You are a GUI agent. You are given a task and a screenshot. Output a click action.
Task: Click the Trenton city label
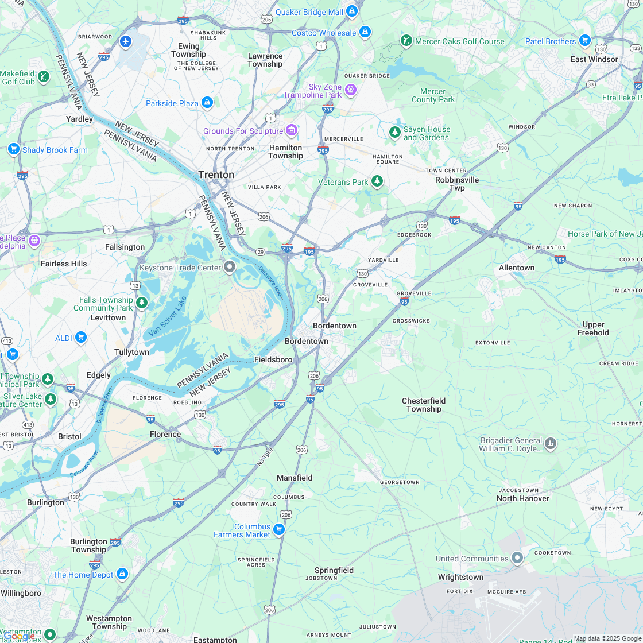coord(216,175)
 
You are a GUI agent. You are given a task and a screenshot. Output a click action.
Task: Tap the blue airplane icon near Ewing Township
coord(126,41)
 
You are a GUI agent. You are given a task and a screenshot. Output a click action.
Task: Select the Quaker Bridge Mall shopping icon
coord(352,11)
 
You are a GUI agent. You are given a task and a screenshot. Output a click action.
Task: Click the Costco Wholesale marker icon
coord(365,32)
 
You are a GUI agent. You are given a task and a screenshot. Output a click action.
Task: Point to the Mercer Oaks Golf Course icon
coord(406,40)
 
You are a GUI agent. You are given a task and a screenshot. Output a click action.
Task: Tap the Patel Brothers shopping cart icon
coord(584,40)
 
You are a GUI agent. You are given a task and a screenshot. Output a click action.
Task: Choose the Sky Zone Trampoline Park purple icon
coord(351,90)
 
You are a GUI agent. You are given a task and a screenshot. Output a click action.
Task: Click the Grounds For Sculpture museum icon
coord(292,130)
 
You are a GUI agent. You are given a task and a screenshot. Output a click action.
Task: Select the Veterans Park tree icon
coord(377,181)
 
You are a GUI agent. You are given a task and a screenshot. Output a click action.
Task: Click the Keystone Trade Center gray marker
coord(230,266)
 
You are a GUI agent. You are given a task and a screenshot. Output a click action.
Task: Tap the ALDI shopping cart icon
coord(80,337)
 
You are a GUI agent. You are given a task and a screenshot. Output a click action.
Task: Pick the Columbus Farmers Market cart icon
coord(279,529)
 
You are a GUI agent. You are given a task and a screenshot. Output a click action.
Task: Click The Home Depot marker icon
coord(122,574)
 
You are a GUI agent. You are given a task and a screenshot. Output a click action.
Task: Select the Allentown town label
coord(517,268)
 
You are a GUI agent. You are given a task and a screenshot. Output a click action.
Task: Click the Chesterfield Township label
coord(424,405)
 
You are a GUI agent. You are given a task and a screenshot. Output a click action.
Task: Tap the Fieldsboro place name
coord(273,359)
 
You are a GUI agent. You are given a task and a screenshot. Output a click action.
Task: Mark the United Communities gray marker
coord(517,557)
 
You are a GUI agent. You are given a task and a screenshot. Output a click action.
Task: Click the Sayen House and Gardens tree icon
coord(394,133)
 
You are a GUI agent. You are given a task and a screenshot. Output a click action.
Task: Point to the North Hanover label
coord(522,498)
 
